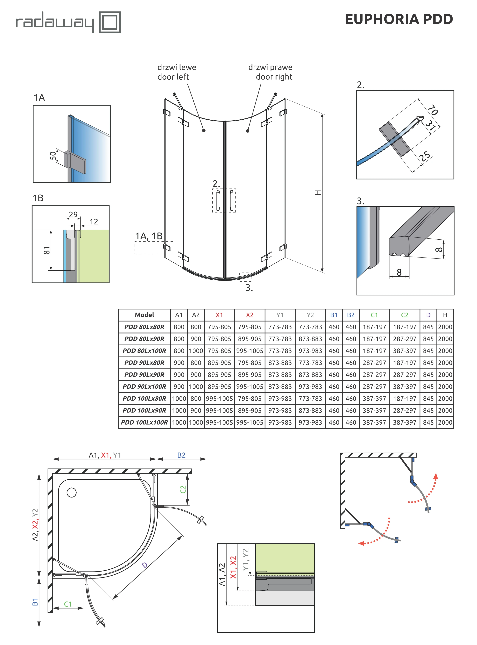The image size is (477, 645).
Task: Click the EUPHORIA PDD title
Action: point(399,19)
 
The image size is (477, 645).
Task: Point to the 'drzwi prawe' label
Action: point(270,67)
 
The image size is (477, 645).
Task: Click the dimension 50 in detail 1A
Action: point(53,156)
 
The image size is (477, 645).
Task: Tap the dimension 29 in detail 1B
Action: point(73,214)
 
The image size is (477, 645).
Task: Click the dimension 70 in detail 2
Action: point(433,110)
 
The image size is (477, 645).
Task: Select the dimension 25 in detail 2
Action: point(425,156)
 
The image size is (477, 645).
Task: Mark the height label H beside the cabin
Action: point(318,192)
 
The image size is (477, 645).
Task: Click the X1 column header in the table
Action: point(219,315)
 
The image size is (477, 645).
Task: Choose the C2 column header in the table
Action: point(404,315)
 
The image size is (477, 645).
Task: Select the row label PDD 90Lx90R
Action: point(144,375)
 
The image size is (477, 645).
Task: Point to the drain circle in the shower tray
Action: point(72,492)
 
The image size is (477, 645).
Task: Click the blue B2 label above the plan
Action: point(181,455)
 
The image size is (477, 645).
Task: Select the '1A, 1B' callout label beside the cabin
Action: point(149,236)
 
